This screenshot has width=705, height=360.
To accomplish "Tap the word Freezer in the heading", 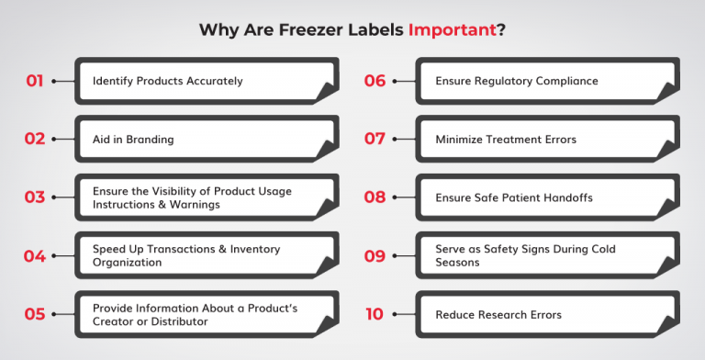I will pyautogui.click(x=309, y=29).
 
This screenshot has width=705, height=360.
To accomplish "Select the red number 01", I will pyautogui.click(x=35, y=81).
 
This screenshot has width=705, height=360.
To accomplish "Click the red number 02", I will pyautogui.click(x=35, y=139).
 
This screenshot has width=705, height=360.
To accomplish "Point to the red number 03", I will pyautogui.click(x=35, y=197).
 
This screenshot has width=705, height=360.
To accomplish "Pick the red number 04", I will pyautogui.click(x=35, y=256).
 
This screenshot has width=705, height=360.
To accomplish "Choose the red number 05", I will pyautogui.click(x=35, y=314).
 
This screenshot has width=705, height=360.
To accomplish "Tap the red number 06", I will pyautogui.click(x=375, y=81).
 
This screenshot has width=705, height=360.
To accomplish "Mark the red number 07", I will pyautogui.click(x=375, y=139).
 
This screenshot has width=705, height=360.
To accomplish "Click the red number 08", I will pyautogui.click(x=375, y=197).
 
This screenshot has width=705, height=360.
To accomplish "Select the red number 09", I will pyautogui.click(x=375, y=256).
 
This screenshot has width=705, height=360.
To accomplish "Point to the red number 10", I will pyautogui.click(x=375, y=314).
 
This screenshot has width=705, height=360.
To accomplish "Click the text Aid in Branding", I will pyautogui.click(x=133, y=140).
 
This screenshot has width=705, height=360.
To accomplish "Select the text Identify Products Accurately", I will pyautogui.click(x=167, y=81).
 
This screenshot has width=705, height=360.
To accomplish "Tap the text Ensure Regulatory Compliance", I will pyautogui.click(x=516, y=81).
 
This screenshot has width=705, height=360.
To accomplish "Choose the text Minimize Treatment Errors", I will pyautogui.click(x=508, y=140).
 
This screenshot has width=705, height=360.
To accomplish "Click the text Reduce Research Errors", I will pyautogui.click(x=498, y=315).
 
